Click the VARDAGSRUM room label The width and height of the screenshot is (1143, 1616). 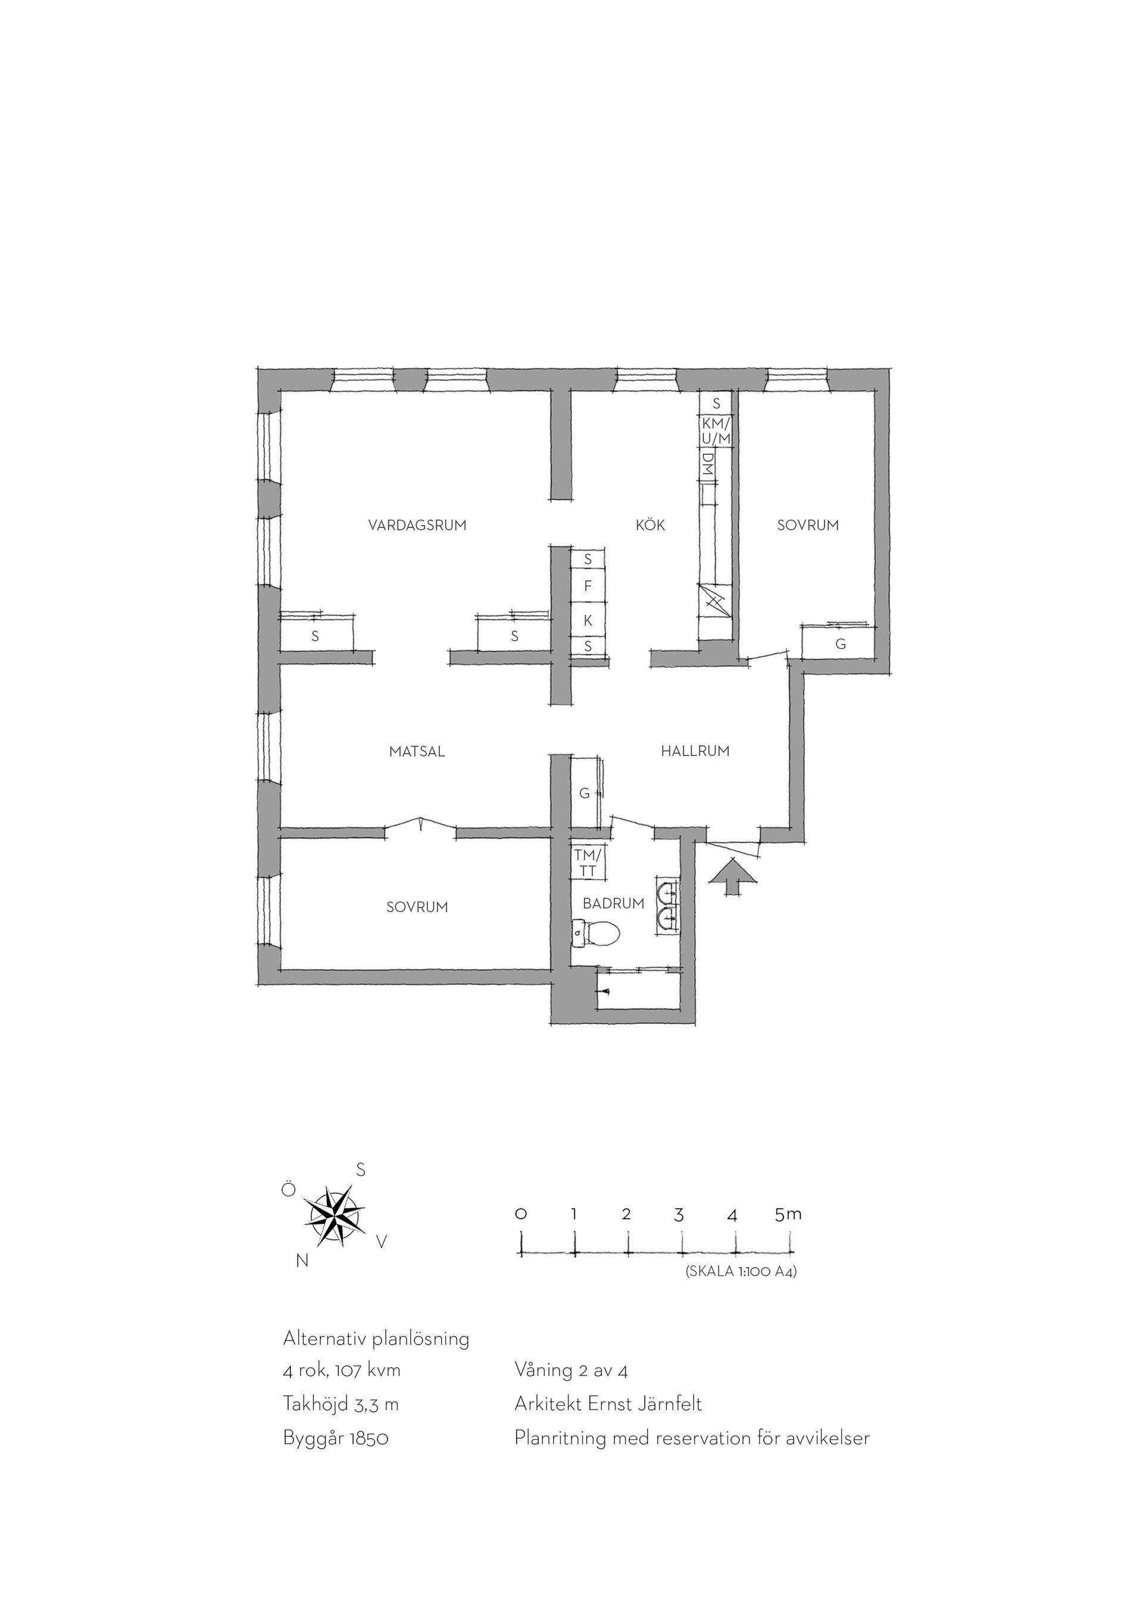tap(417, 525)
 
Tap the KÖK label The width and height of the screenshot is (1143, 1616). tap(650, 525)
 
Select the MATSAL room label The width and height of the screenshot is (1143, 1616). tap(417, 752)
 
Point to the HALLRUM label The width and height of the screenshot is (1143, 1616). tap(695, 751)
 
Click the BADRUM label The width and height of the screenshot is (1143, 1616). tap(614, 904)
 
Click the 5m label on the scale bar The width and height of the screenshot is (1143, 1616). tap(788, 1214)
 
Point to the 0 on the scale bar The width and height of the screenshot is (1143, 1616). tap(521, 1214)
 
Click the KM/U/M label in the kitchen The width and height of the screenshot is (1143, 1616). tap(717, 431)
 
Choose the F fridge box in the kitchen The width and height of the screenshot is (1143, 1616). tap(588, 586)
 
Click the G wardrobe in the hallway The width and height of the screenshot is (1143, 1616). tap(585, 793)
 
